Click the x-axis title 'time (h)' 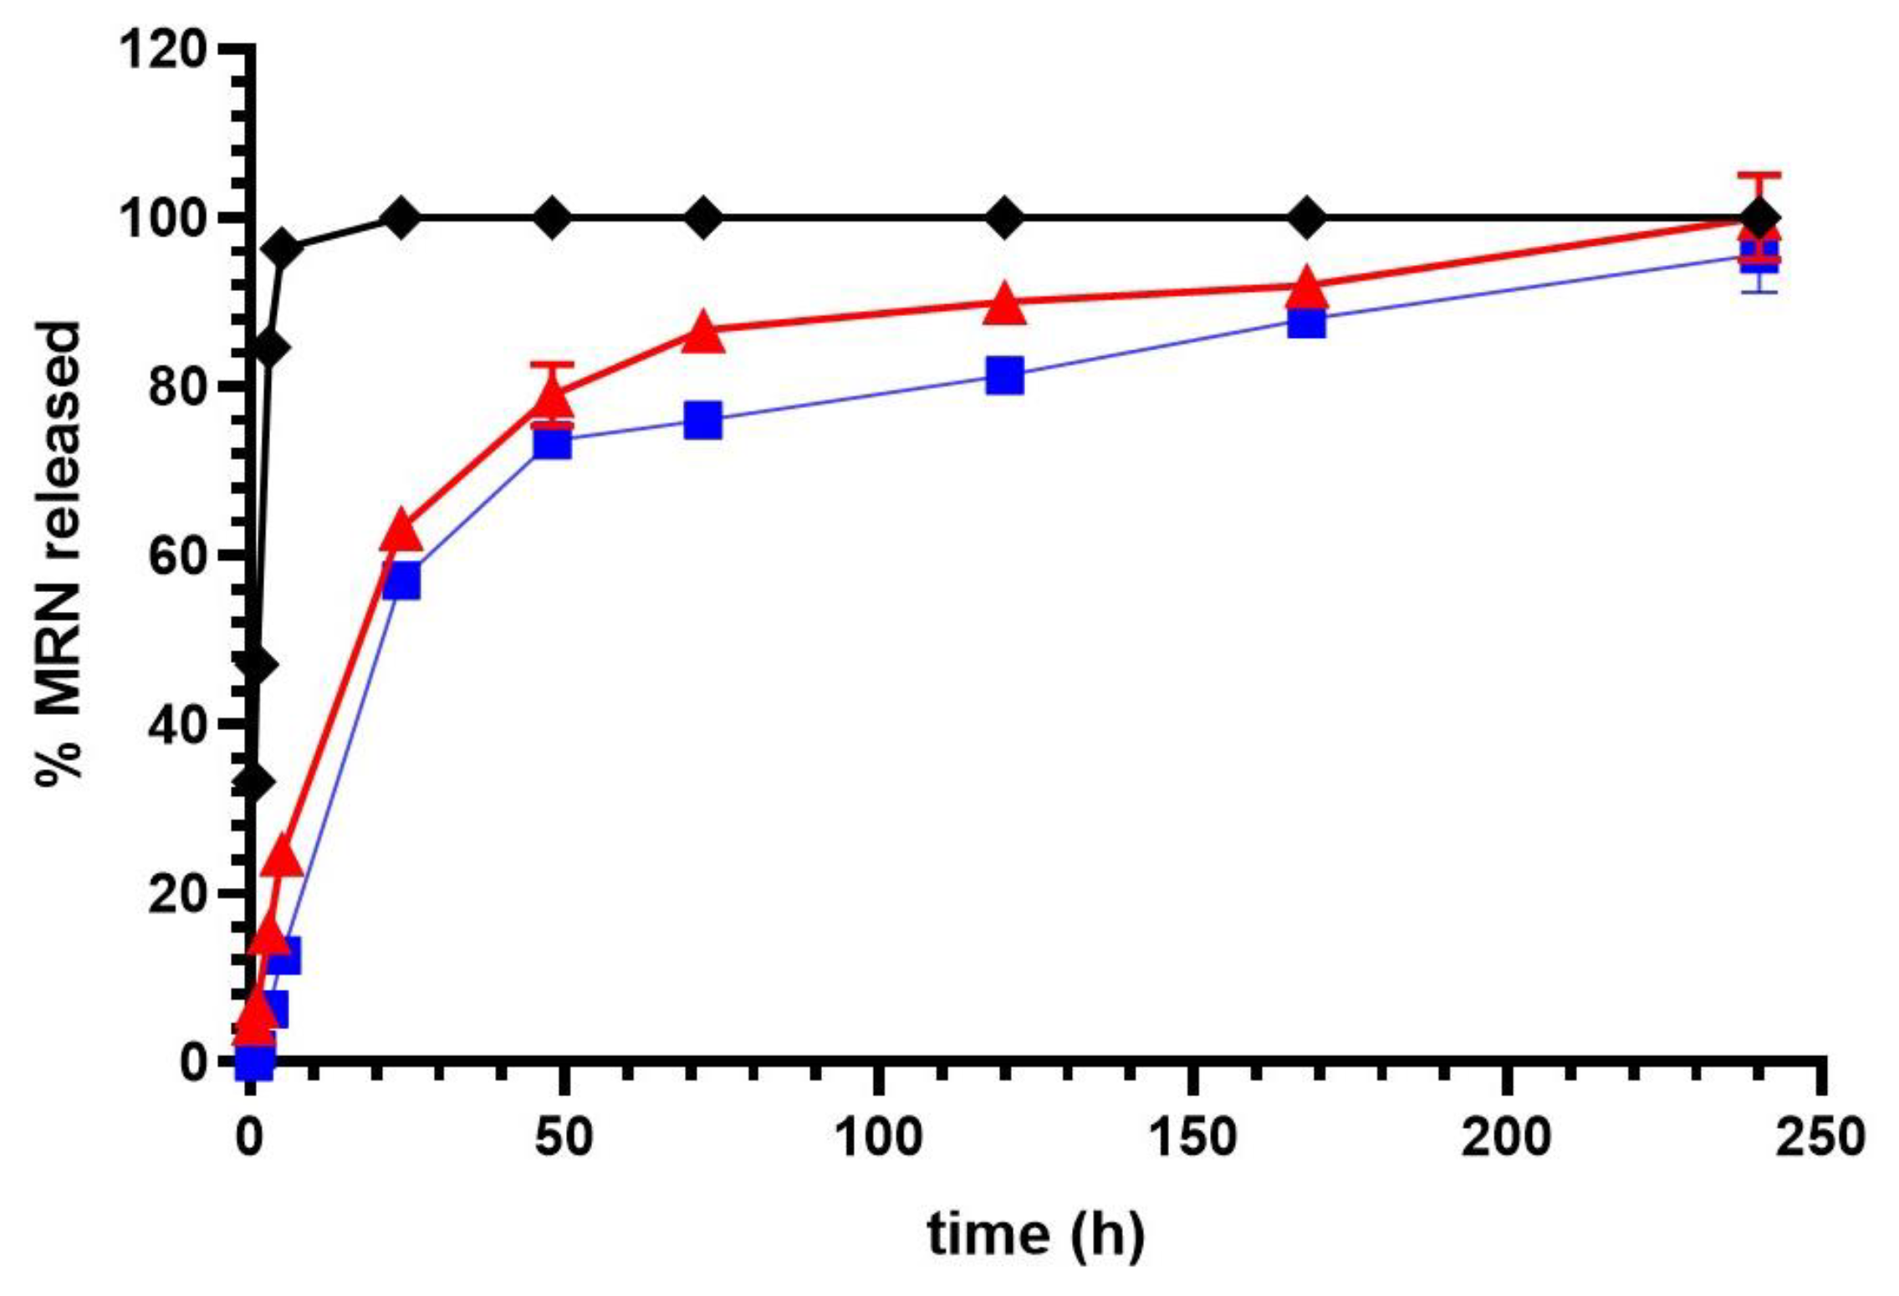1035,1234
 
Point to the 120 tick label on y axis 164,50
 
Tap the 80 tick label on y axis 177,387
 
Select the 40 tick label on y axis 177,724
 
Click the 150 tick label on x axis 1193,1138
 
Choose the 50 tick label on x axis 564,1138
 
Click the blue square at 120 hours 1004,375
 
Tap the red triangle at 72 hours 702,334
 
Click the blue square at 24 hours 401,580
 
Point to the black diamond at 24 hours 401,218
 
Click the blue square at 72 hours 702,420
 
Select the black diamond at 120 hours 1004,218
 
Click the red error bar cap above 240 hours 1759,175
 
